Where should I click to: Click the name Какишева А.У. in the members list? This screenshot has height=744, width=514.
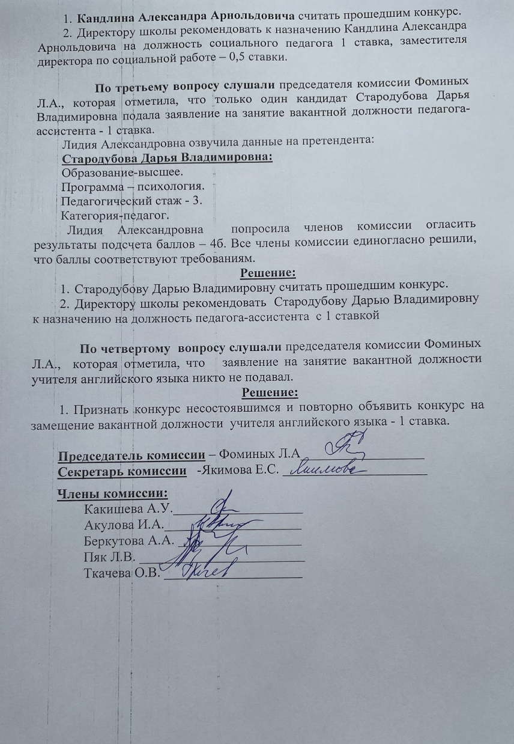(128, 510)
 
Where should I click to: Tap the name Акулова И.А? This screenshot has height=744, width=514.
(124, 525)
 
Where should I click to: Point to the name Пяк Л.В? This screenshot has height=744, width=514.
(111, 555)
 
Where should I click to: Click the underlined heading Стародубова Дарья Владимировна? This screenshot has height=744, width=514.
(167, 159)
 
